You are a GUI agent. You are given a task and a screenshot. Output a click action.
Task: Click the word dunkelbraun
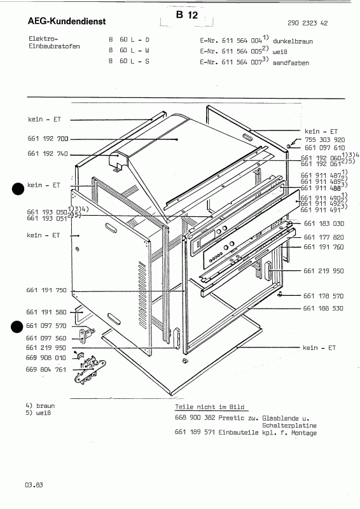pos(293,40)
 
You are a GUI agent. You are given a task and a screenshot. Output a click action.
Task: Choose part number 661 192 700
pos(48,138)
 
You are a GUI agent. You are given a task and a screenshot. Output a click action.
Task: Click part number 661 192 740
pos(48,154)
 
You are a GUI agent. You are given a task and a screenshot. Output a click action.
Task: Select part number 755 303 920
pos(324,139)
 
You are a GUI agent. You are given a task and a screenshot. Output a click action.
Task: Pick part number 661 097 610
pos(324,148)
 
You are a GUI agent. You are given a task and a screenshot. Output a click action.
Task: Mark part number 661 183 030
pos(324,223)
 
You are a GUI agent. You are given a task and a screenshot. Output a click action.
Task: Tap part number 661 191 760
pos(324,247)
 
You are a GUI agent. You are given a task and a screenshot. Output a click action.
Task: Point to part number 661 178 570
pos(324,296)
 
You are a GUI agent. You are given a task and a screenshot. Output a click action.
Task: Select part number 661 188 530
pos(324,309)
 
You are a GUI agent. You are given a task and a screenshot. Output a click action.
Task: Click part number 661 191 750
pos(48,290)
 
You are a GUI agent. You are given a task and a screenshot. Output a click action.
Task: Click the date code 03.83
pos(34,486)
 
